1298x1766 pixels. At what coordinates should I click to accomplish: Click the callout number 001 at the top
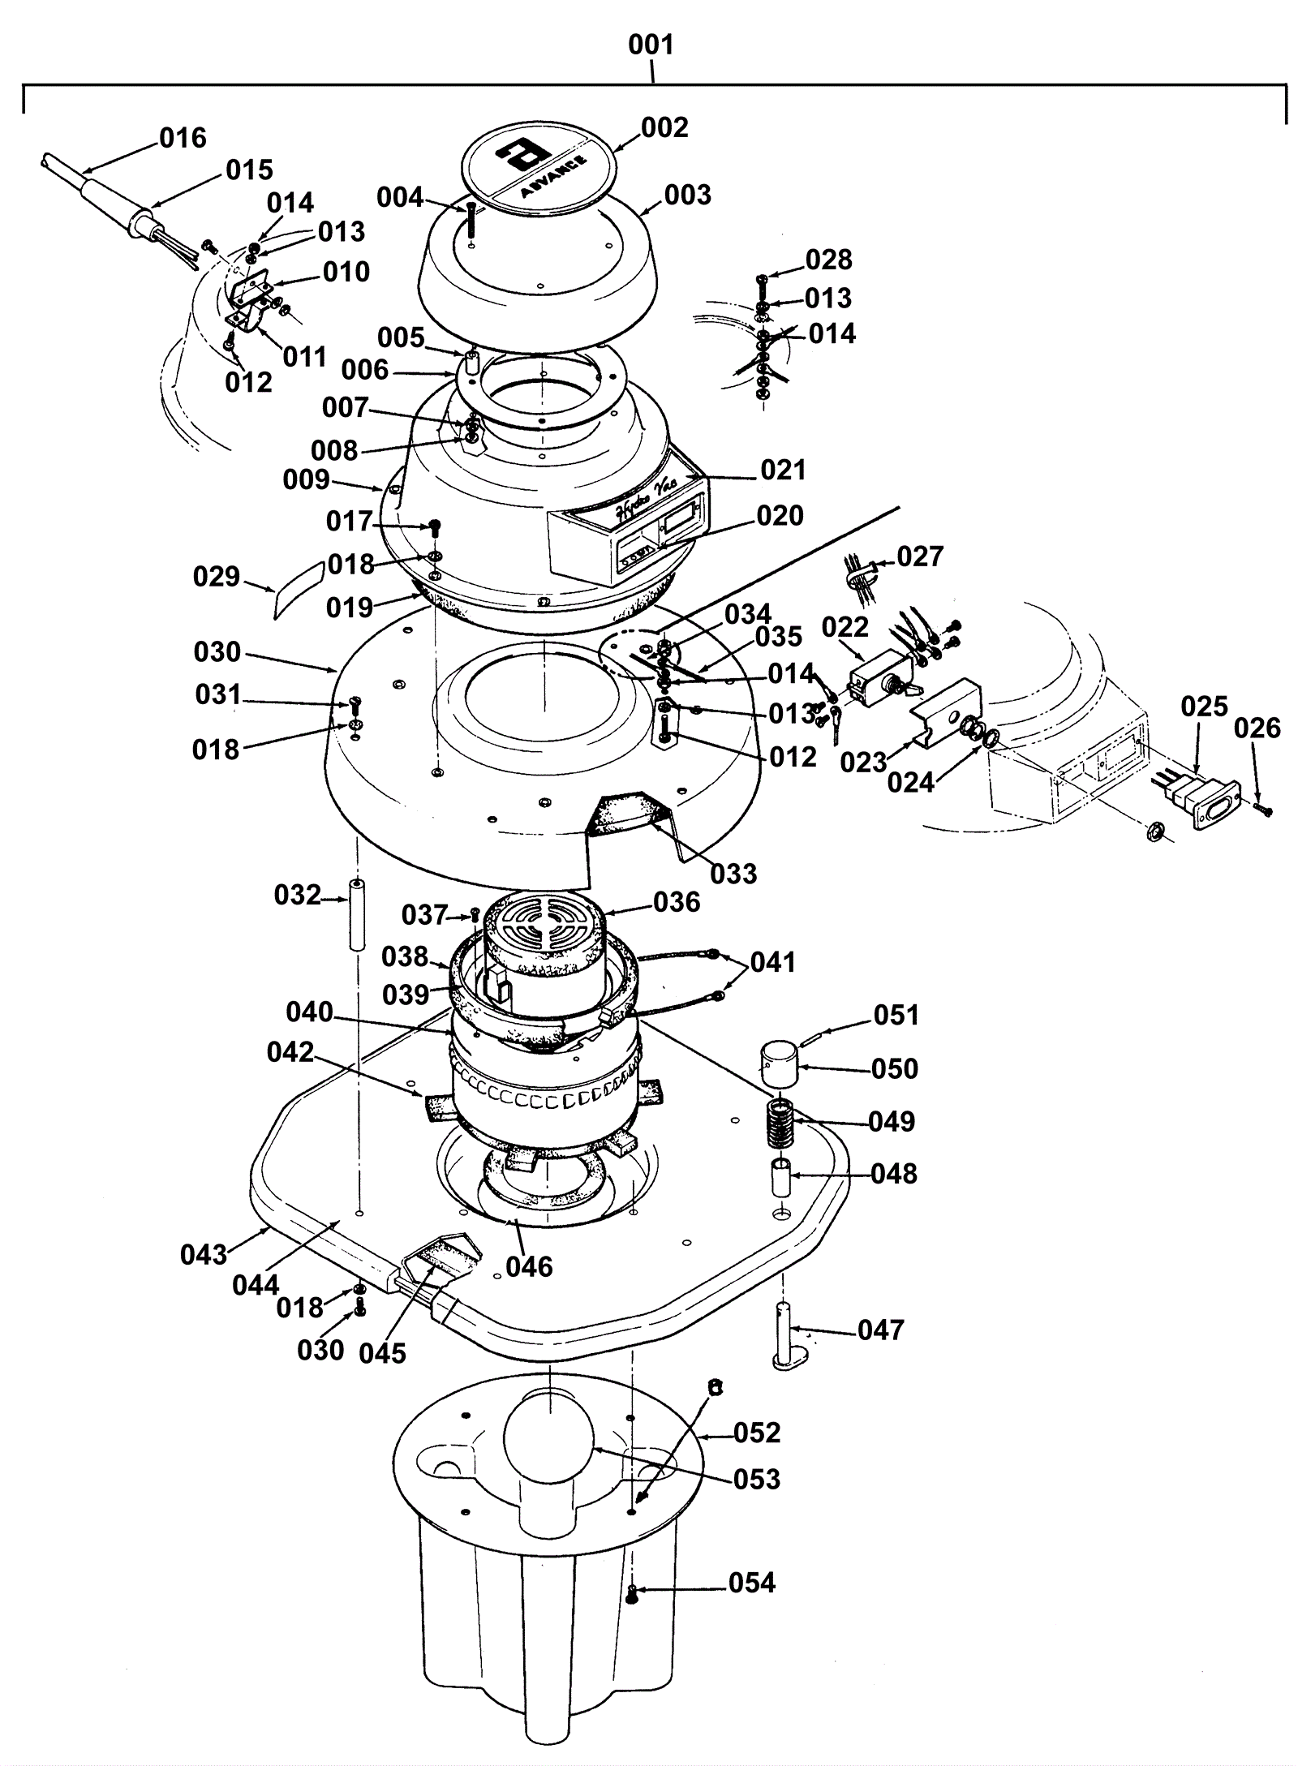(651, 45)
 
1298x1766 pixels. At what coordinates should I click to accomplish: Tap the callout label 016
(183, 138)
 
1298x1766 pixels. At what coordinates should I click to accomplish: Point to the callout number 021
(783, 471)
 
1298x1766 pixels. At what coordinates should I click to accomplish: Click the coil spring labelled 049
(780, 1123)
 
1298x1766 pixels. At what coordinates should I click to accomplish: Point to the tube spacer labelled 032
(356, 913)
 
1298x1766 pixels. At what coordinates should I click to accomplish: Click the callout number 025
(1204, 707)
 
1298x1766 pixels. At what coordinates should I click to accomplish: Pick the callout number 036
(676, 901)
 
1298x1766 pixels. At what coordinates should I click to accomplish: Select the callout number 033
(733, 874)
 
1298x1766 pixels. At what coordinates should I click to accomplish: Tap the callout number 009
(306, 479)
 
